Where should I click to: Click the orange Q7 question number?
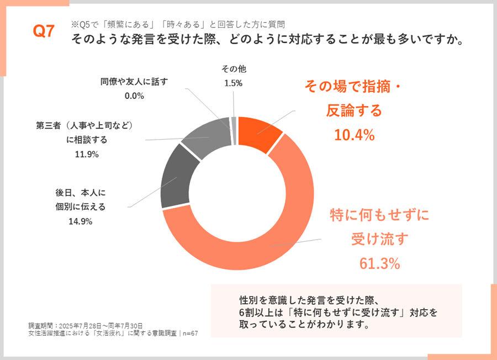point(44,31)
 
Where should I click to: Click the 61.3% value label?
point(379,264)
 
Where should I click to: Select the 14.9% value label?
point(80,221)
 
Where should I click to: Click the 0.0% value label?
point(134,96)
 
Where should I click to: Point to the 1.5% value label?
point(233,83)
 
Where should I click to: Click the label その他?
point(233,69)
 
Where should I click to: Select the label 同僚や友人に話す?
point(134,81)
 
